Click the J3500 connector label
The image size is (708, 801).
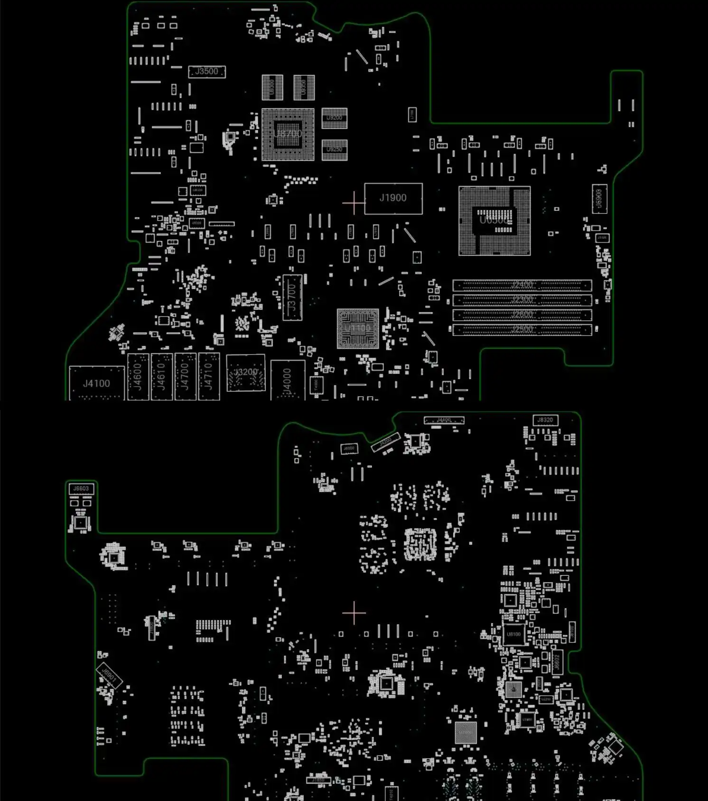(x=207, y=72)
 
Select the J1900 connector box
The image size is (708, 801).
(x=393, y=198)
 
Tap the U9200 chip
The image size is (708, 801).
(x=335, y=118)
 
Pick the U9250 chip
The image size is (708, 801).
(x=335, y=150)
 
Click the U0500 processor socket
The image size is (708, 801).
(x=494, y=221)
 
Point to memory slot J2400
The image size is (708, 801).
(x=522, y=285)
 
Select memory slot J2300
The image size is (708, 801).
(x=522, y=300)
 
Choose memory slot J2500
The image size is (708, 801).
(x=522, y=329)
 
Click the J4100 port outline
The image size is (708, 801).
(x=97, y=383)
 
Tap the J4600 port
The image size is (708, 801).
(x=138, y=376)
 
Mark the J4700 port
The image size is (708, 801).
(x=185, y=376)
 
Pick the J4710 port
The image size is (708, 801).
(x=209, y=376)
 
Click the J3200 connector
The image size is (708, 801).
(x=246, y=373)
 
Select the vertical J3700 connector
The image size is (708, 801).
(x=292, y=298)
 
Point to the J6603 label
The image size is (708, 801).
(x=81, y=488)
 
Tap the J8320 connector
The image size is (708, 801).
(x=545, y=420)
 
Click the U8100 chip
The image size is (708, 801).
(x=513, y=634)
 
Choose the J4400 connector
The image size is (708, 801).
(x=444, y=420)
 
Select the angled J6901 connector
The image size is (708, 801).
(x=109, y=675)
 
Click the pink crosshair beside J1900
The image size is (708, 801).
(x=354, y=203)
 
